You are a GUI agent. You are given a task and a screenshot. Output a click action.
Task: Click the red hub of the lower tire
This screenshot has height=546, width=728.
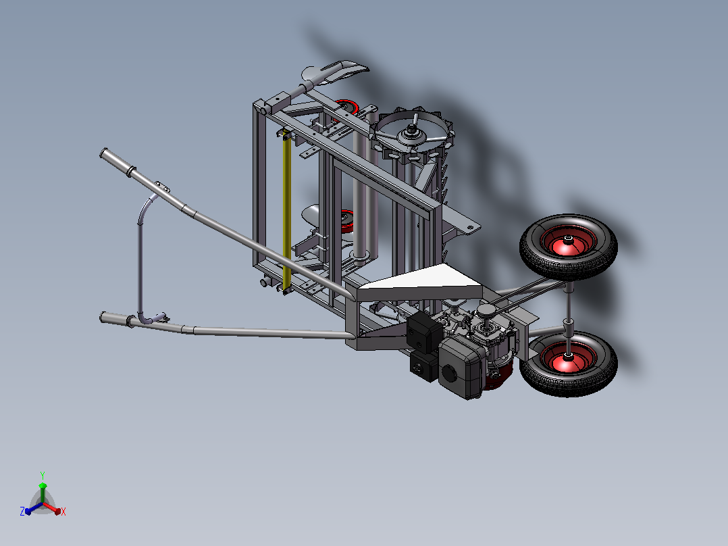click(x=568, y=357)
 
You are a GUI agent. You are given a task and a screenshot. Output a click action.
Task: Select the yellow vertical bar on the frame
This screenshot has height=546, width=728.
click(x=287, y=212)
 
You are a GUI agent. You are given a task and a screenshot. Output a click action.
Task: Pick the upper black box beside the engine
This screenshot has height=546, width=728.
click(x=424, y=332)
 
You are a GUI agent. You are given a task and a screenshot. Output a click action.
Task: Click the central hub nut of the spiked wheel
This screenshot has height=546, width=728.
click(x=412, y=132)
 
